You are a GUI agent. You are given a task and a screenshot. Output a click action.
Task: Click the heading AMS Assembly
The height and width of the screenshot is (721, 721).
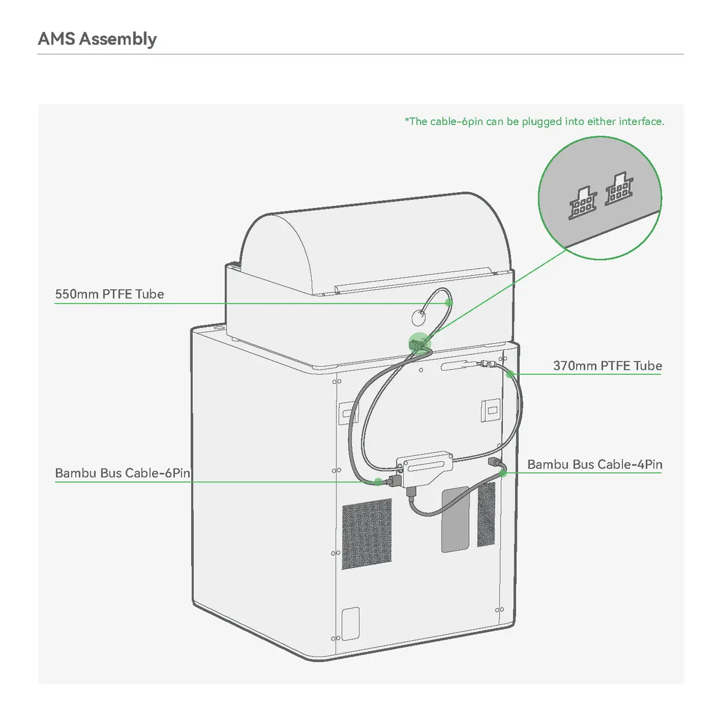coord(97,39)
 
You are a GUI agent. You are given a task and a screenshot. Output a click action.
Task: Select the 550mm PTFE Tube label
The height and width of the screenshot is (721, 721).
coord(109,294)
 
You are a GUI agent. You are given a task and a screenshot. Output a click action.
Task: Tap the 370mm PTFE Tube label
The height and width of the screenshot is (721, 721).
coord(607,365)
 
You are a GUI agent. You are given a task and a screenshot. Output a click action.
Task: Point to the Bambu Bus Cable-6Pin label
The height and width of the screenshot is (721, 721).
coord(123,473)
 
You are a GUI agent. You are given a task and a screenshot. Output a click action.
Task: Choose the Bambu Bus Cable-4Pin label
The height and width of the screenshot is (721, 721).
coord(595,464)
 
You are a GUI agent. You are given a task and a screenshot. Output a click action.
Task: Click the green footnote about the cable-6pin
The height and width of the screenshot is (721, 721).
coord(534,121)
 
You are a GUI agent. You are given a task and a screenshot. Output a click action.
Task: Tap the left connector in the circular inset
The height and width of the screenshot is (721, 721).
coord(582,203)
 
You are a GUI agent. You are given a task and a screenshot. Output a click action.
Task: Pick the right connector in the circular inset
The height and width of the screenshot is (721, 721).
coord(619,189)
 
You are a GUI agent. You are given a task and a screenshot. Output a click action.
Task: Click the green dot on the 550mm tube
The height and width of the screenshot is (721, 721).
coord(449,303)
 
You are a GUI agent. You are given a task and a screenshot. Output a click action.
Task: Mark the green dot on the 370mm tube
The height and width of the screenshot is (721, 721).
coord(510,374)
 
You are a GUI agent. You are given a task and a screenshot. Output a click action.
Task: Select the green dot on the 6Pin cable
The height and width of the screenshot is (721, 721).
coord(379,481)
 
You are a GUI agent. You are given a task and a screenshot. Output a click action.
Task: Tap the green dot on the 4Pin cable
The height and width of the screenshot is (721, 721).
coord(503,473)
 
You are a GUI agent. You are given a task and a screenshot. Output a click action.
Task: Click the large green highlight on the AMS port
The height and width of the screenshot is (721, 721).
coord(419,343)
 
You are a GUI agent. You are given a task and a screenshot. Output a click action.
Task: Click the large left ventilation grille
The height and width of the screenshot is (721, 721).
coord(367,534)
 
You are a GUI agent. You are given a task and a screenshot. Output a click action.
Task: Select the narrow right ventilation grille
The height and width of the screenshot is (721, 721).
coord(486,514)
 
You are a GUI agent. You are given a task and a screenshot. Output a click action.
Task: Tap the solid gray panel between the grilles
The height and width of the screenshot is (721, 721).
coord(455,519)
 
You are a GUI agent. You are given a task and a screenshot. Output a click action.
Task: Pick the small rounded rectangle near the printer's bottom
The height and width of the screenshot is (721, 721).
coord(350,624)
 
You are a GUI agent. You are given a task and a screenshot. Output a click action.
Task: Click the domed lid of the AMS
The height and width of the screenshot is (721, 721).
coord(374,243)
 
